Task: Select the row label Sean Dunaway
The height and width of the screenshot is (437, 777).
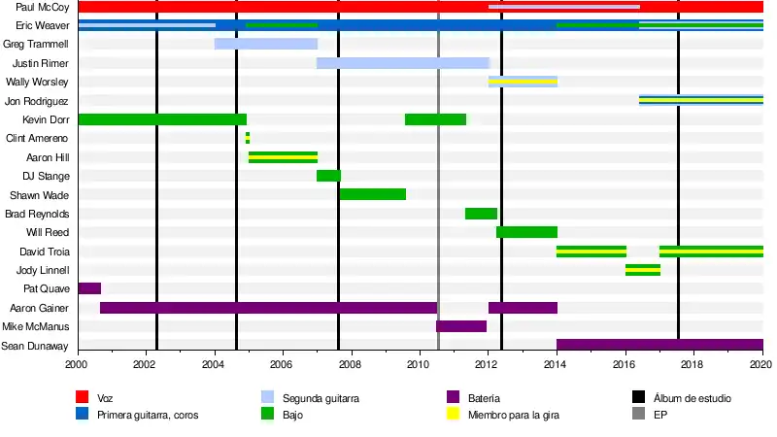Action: (35, 346)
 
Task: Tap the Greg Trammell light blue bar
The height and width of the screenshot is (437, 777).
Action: (265, 44)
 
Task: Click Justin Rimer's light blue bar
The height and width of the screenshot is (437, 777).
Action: (402, 63)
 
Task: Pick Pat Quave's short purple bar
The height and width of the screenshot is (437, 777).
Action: (89, 288)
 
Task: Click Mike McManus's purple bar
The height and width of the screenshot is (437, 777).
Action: (461, 326)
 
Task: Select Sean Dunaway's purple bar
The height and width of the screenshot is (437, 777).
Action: (659, 345)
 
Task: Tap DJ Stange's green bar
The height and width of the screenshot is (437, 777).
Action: (328, 176)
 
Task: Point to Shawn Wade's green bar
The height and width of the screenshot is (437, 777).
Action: (372, 194)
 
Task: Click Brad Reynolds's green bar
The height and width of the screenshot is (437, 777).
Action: (481, 214)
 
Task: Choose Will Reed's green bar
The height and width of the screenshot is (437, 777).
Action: (526, 232)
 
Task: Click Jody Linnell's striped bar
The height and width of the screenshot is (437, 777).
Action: (643, 270)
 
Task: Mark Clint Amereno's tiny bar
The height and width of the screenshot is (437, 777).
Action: (248, 138)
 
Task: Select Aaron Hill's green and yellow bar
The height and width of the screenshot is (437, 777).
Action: (283, 157)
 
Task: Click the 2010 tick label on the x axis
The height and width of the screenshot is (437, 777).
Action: (419, 364)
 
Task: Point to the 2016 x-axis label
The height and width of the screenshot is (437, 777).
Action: (624, 364)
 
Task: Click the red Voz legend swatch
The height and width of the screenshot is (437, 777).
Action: (84, 397)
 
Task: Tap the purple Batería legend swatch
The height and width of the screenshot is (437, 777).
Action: (452, 397)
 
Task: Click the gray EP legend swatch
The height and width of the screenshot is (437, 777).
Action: (638, 415)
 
